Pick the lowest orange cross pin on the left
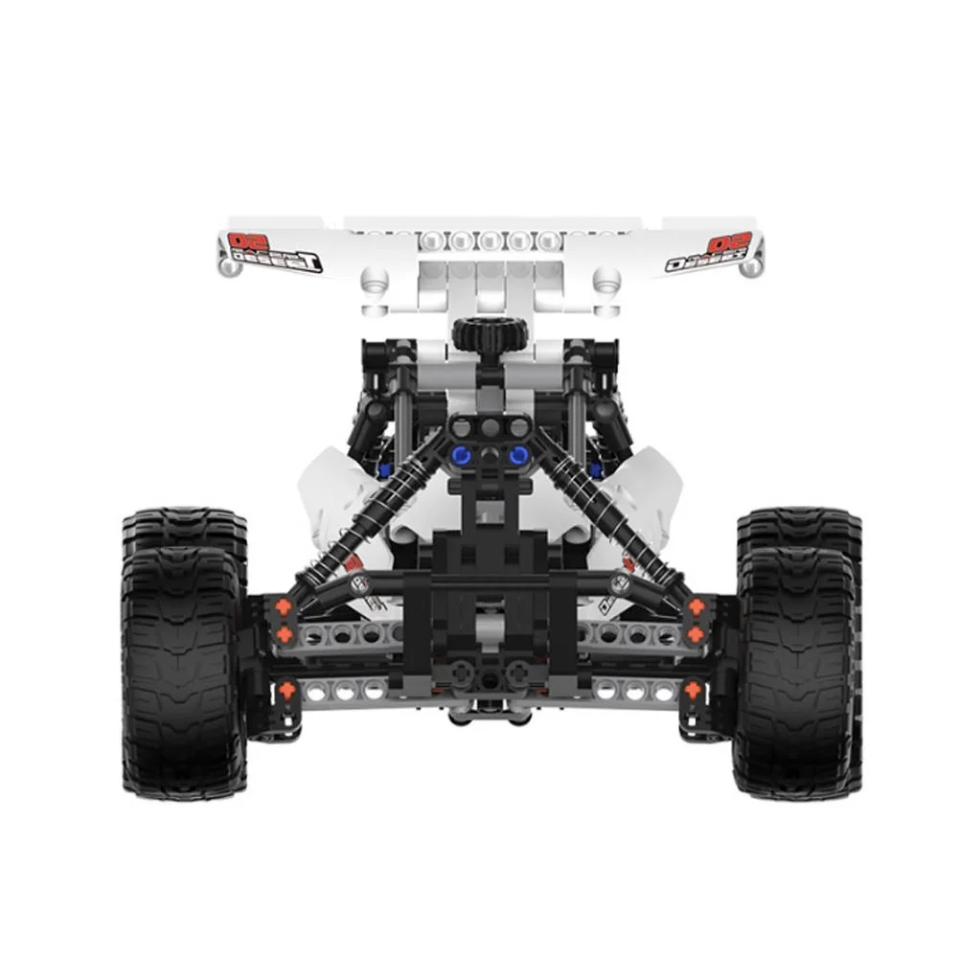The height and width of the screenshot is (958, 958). click(x=286, y=688)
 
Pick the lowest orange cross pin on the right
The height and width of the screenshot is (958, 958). click(x=693, y=688)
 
